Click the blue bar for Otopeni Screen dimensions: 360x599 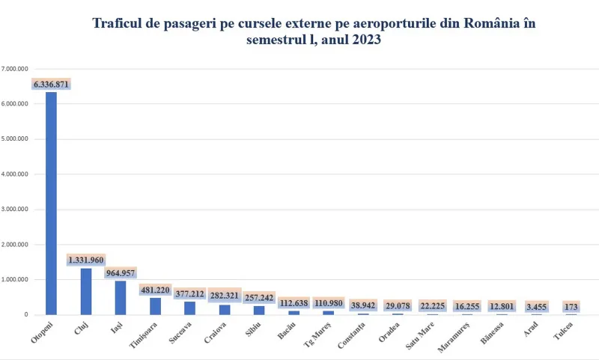coord(51,203)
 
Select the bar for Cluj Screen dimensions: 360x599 coord(86,291)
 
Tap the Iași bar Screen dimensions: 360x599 coord(121,298)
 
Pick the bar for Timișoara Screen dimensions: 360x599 coord(155,306)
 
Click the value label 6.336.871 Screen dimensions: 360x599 coord(51,85)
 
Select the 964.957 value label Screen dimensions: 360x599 coord(120,273)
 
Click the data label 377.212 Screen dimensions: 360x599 coord(189,293)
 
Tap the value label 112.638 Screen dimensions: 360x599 coord(294,303)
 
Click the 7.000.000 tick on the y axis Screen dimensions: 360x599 coord(15,69)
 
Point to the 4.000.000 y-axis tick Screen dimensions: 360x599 coord(15,174)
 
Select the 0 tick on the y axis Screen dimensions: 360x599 coord(26,315)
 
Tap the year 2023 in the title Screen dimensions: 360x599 coord(365,41)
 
